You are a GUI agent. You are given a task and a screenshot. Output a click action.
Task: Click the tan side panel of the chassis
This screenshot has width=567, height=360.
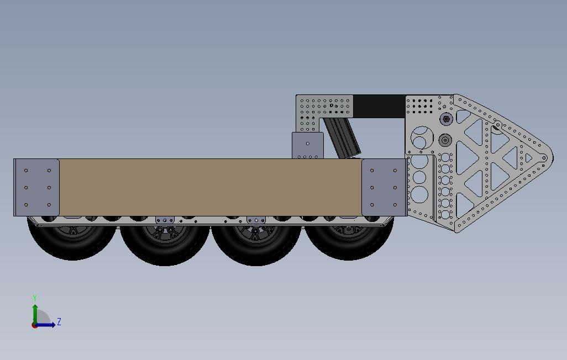210,187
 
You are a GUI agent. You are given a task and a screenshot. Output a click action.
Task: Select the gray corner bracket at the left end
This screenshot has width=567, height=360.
36,187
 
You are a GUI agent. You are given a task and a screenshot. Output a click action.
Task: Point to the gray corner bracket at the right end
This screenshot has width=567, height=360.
384,187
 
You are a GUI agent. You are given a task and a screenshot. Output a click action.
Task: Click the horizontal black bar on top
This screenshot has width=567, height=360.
379,106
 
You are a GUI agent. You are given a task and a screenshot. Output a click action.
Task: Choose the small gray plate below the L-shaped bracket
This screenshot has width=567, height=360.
308,145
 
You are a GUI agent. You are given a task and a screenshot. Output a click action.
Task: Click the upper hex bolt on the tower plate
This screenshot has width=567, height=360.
446,119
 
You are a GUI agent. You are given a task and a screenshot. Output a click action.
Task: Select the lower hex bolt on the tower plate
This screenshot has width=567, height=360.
446,140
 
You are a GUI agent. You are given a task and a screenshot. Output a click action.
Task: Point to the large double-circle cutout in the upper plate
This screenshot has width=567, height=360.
422,137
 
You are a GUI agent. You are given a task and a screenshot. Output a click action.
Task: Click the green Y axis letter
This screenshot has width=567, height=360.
35,298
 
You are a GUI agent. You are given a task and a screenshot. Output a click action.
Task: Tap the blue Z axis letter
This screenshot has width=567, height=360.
59,321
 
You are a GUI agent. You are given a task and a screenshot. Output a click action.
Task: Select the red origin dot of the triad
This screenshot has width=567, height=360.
35,325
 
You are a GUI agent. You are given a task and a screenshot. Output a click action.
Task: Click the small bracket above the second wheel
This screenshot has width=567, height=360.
165,220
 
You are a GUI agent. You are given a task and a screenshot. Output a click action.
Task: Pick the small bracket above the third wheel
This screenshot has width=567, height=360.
256,220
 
